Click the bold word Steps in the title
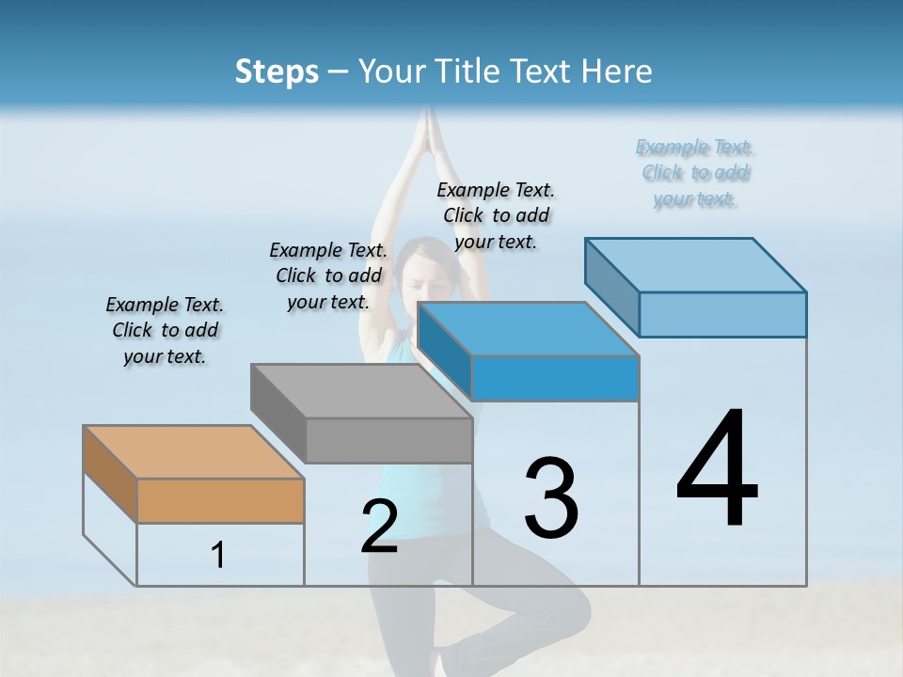tap(277, 71)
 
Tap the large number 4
tap(717, 470)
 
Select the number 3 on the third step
tap(550, 497)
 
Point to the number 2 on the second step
tap(379, 526)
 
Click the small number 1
tap(218, 556)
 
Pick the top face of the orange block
tap(194, 452)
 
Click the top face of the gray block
tap(361, 391)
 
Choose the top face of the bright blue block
tap(528, 330)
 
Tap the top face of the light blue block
tap(695, 265)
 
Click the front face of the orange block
tap(220, 500)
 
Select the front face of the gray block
tap(388, 440)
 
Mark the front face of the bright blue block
tap(555, 378)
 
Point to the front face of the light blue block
tap(722, 314)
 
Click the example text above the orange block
tap(165, 331)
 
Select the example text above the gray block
tap(328, 276)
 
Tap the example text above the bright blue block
tap(496, 215)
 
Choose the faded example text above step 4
tap(695, 173)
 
